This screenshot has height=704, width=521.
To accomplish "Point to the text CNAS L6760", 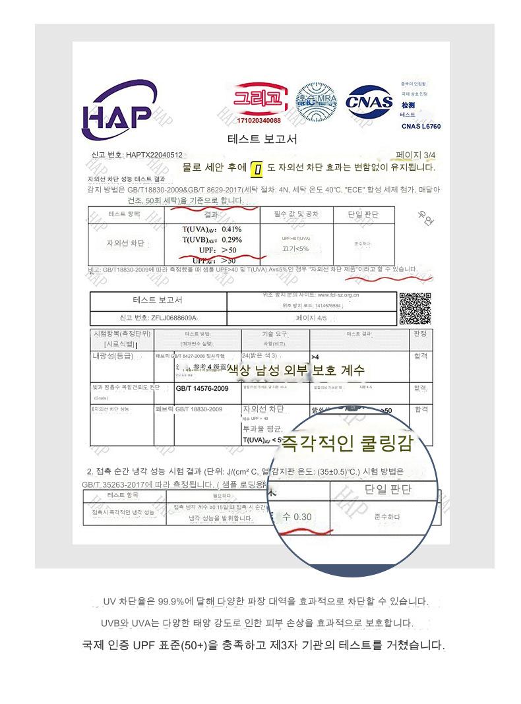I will pos(421,126).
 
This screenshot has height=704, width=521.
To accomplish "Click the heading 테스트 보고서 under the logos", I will pos(262,139).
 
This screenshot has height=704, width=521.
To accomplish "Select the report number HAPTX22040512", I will pos(154,156).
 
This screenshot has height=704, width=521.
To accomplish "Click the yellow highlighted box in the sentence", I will pos(258,169).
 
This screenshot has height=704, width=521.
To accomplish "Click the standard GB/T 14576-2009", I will pos(202,389).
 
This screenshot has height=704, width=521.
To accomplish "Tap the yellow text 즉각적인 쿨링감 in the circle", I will pos(347,444).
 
